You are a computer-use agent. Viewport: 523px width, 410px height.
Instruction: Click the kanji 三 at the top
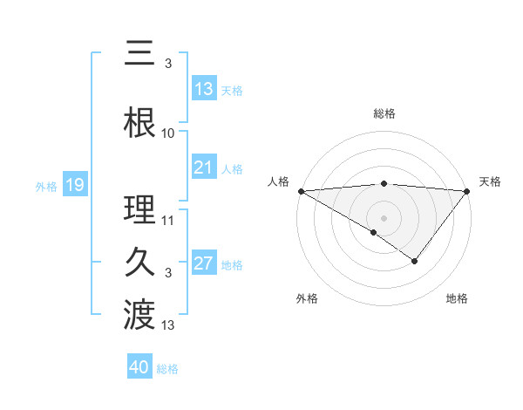click(x=139, y=55)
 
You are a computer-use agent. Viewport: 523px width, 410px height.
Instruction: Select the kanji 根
click(x=139, y=122)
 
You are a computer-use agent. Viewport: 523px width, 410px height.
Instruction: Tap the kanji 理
click(x=139, y=209)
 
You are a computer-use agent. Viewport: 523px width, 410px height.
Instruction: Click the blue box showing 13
click(x=204, y=89)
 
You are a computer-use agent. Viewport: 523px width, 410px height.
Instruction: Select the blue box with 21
click(x=204, y=168)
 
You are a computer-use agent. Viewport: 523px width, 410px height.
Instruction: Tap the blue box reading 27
click(x=204, y=264)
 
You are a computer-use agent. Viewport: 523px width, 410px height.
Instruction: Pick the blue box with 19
click(x=74, y=185)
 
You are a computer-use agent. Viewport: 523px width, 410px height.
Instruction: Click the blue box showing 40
click(x=139, y=368)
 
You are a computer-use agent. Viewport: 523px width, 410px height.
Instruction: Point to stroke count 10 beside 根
click(x=168, y=133)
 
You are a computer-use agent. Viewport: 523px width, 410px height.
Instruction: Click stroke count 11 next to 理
click(x=168, y=220)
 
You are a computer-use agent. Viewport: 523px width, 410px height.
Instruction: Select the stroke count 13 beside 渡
click(x=168, y=325)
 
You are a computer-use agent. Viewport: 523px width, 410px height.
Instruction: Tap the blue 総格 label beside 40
click(x=167, y=369)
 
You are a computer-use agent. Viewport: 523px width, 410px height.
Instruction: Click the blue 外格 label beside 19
click(x=46, y=186)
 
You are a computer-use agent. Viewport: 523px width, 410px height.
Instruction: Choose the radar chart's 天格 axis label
click(x=491, y=181)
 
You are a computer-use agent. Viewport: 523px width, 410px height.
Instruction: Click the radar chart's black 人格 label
click(x=278, y=181)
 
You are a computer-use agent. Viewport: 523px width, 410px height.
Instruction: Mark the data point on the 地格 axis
click(x=415, y=261)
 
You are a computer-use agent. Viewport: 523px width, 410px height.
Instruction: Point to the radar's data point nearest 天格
click(x=467, y=190)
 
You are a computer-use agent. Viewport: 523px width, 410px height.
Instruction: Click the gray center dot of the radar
click(x=384, y=217)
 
